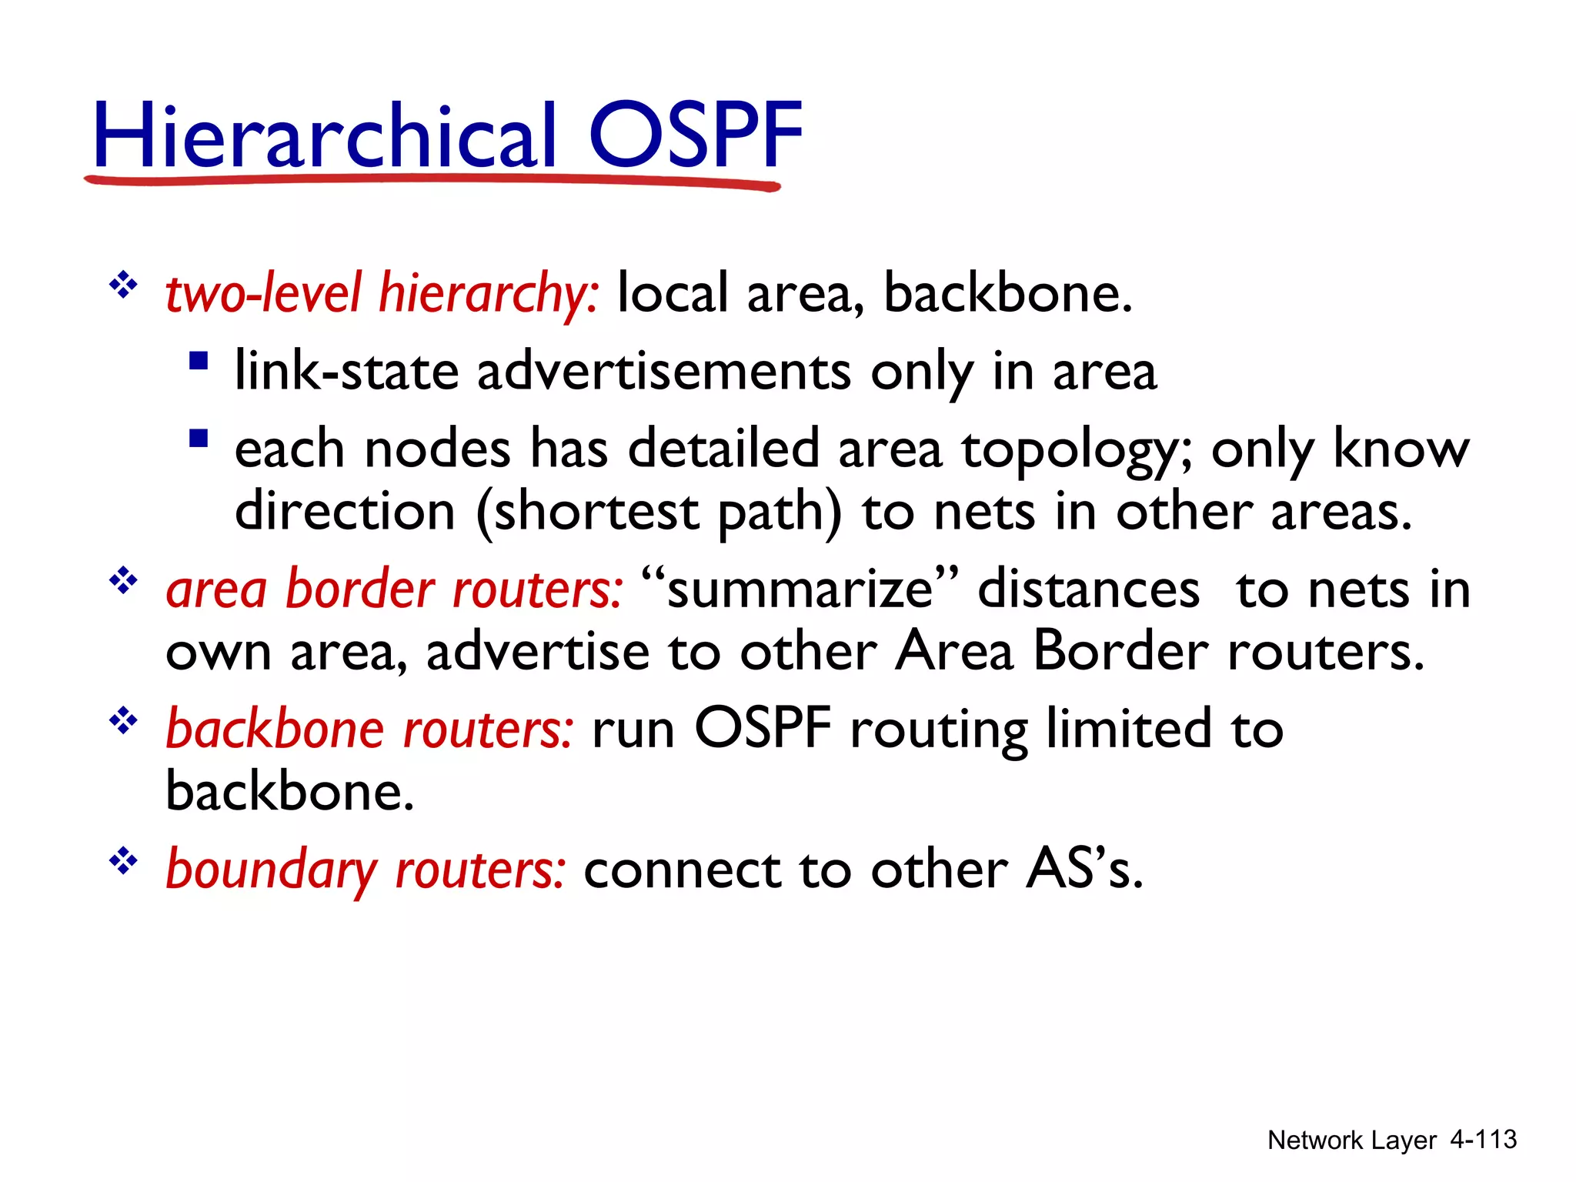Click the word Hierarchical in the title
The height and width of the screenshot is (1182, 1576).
click(x=323, y=137)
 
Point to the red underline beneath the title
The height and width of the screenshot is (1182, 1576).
click(x=431, y=182)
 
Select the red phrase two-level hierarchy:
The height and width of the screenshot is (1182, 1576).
click(x=382, y=295)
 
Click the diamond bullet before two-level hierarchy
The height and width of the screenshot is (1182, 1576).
click(x=122, y=286)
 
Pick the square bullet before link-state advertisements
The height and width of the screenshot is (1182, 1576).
click(x=199, y=361)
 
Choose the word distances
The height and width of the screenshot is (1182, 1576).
click(x=1088, y=590)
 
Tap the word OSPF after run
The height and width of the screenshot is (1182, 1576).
click(x=763, y=728)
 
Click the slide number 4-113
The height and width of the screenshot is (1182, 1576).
click(x=1483, y=1140)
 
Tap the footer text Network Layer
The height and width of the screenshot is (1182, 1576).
click(x=1351, y=1140)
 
